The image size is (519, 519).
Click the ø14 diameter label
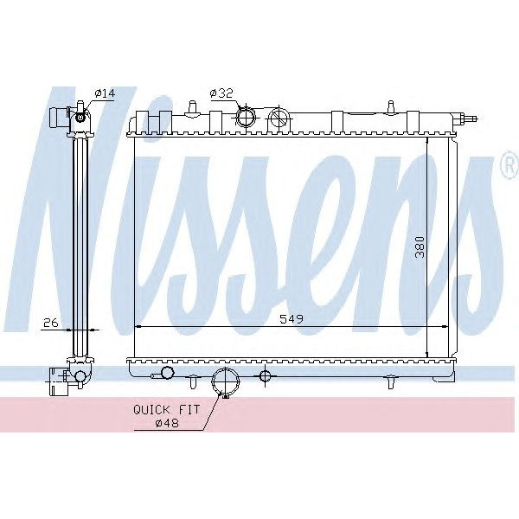[103, 93]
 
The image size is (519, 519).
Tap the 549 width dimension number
[292, 319]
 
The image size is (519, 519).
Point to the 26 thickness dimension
[51, 323]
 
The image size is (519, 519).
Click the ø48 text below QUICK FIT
[166, 422]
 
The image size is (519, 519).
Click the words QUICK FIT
[166, 409]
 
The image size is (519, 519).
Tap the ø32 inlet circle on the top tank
[247, 116]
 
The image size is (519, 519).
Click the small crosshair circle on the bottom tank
[265, 375]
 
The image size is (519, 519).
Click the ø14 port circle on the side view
[81, 118]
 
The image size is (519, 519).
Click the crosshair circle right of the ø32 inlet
[279, 119]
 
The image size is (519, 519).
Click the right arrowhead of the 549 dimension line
[444, 327]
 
